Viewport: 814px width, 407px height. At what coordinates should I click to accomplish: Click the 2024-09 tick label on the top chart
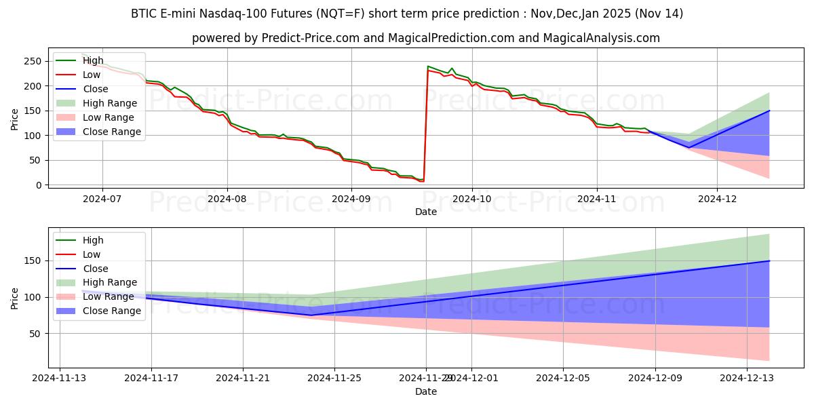(351, 198)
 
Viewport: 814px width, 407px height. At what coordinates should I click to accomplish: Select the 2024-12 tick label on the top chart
(717, 198)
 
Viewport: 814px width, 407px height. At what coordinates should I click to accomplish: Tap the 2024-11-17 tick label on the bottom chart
(151, 377)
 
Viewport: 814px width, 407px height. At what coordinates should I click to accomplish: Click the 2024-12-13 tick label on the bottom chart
(746, 377)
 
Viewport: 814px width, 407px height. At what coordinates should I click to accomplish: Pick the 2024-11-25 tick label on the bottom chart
(334, 377)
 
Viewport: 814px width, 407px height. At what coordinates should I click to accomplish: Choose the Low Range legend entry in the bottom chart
(109, 296)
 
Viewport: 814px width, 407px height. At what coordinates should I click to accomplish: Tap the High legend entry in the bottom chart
(92, 240)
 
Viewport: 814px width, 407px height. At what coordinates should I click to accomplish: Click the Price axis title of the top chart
(16, 118)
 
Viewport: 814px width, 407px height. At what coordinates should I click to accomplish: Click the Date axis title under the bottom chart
(426, 391)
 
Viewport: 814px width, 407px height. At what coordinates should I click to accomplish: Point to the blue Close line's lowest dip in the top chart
(689, 147)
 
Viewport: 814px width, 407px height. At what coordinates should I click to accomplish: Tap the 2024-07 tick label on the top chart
(102, 198)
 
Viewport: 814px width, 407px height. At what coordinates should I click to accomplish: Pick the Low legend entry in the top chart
(92, 75)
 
